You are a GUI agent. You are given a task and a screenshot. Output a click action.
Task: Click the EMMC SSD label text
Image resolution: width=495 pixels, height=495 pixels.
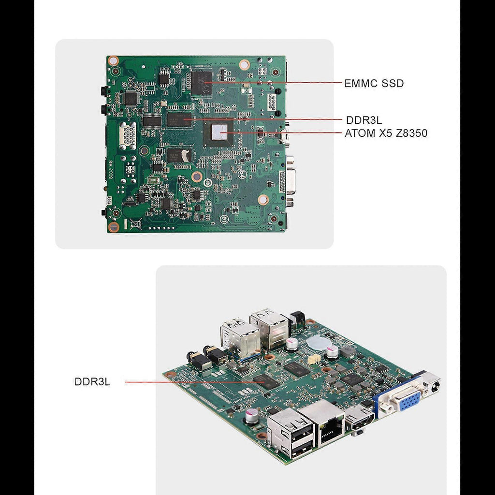374,83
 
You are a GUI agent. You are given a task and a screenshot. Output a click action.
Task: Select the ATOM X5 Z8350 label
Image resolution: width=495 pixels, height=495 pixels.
386,133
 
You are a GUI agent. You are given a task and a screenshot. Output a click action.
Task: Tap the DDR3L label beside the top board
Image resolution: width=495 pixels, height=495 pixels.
364,120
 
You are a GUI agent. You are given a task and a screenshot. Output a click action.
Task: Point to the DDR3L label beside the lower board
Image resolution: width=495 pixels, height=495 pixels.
92,382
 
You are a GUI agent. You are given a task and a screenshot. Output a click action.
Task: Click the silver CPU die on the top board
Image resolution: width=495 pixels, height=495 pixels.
219,131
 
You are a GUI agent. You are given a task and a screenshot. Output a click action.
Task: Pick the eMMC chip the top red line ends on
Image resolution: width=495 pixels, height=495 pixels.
202,83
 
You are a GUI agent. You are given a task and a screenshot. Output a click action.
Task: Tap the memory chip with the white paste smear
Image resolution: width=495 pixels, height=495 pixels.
179,155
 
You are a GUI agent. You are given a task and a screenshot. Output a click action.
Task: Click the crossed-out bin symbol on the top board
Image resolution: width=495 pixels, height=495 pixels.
135,224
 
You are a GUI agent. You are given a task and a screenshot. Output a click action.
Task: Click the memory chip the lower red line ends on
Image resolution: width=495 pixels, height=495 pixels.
267,381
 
